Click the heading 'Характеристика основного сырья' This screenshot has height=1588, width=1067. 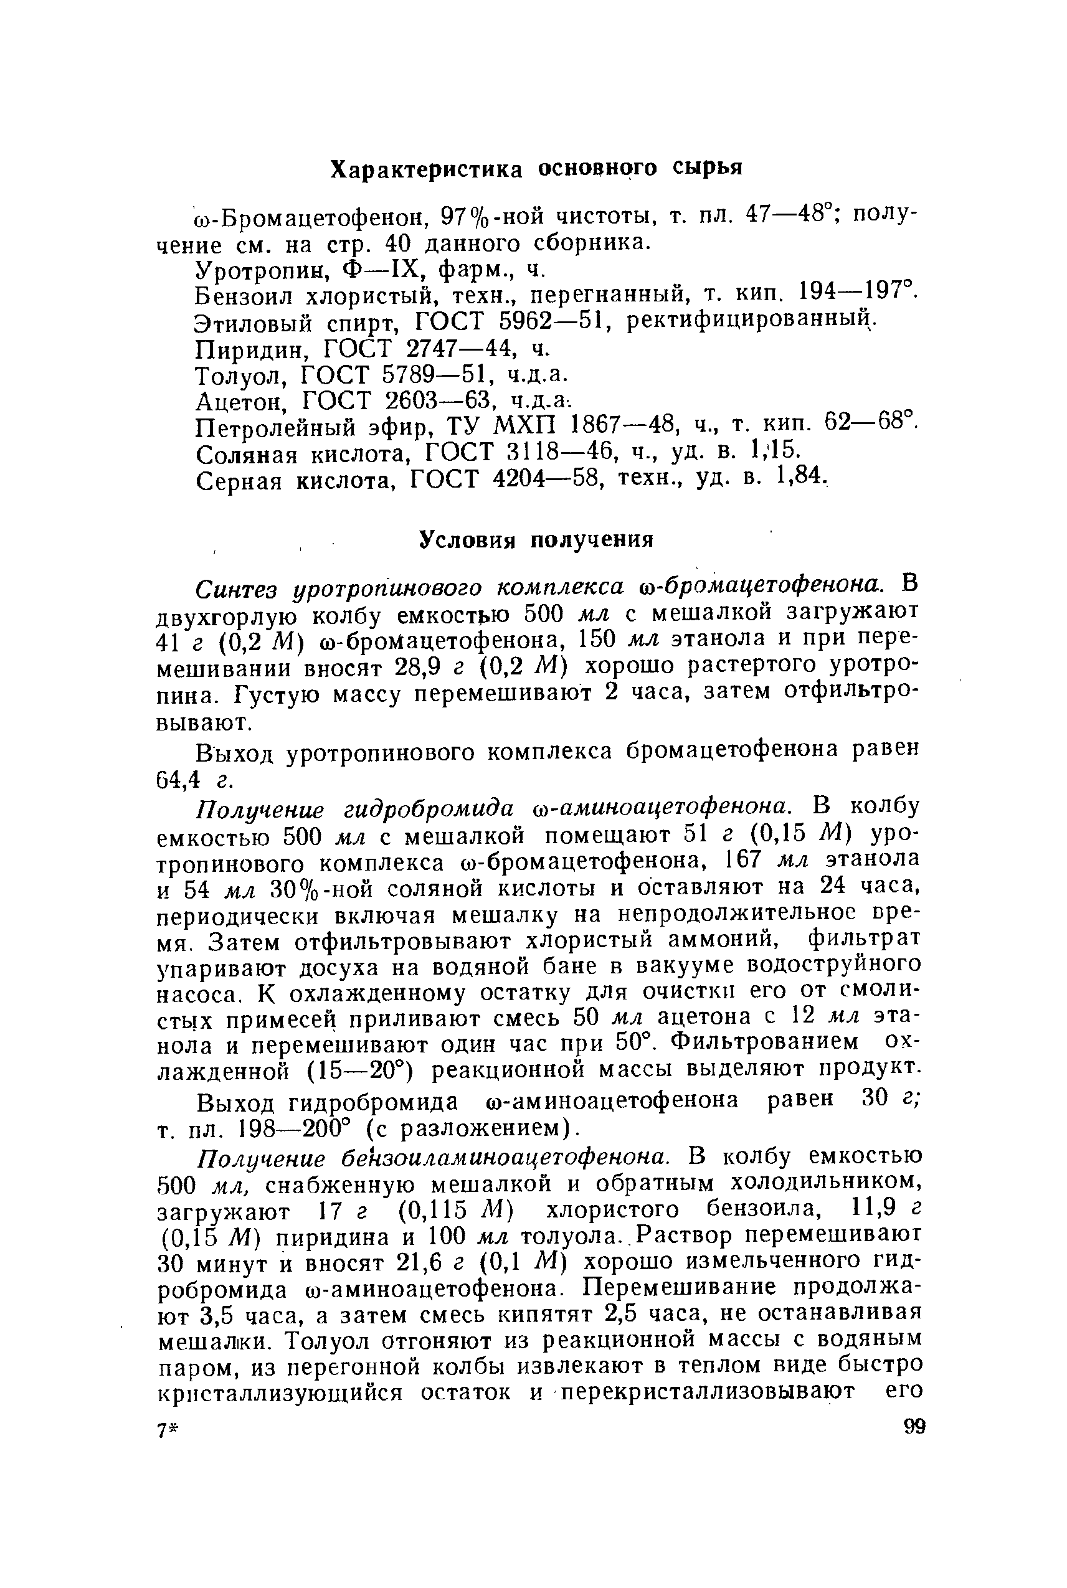[x=536, y=168]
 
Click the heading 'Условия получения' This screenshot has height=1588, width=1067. [x=536, y=539]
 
